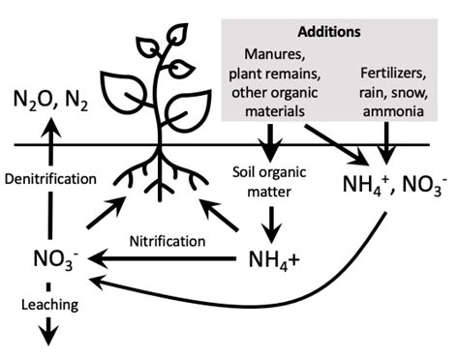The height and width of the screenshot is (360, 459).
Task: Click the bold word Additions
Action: tap(328, 31)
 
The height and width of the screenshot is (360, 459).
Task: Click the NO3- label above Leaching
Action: tap(48, 260)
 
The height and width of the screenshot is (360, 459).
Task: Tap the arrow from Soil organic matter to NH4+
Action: tap(272, 225)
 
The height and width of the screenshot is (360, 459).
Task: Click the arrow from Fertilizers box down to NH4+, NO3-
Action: tap(388, 142)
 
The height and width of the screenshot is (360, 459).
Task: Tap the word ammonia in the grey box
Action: tap(390, 112)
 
